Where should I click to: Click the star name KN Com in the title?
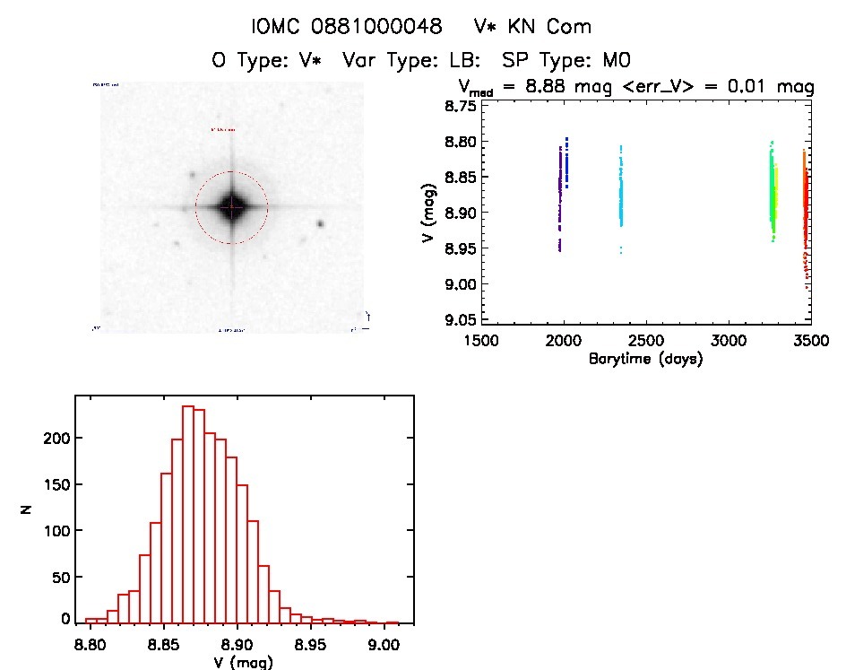coord(546,27)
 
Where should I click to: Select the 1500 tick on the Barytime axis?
coord(481,341)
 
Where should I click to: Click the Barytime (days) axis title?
coord(645,359)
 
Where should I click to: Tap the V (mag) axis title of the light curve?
coord(431,213)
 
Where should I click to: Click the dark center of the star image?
coord(231,207)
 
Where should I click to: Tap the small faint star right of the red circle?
coord(320,224)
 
